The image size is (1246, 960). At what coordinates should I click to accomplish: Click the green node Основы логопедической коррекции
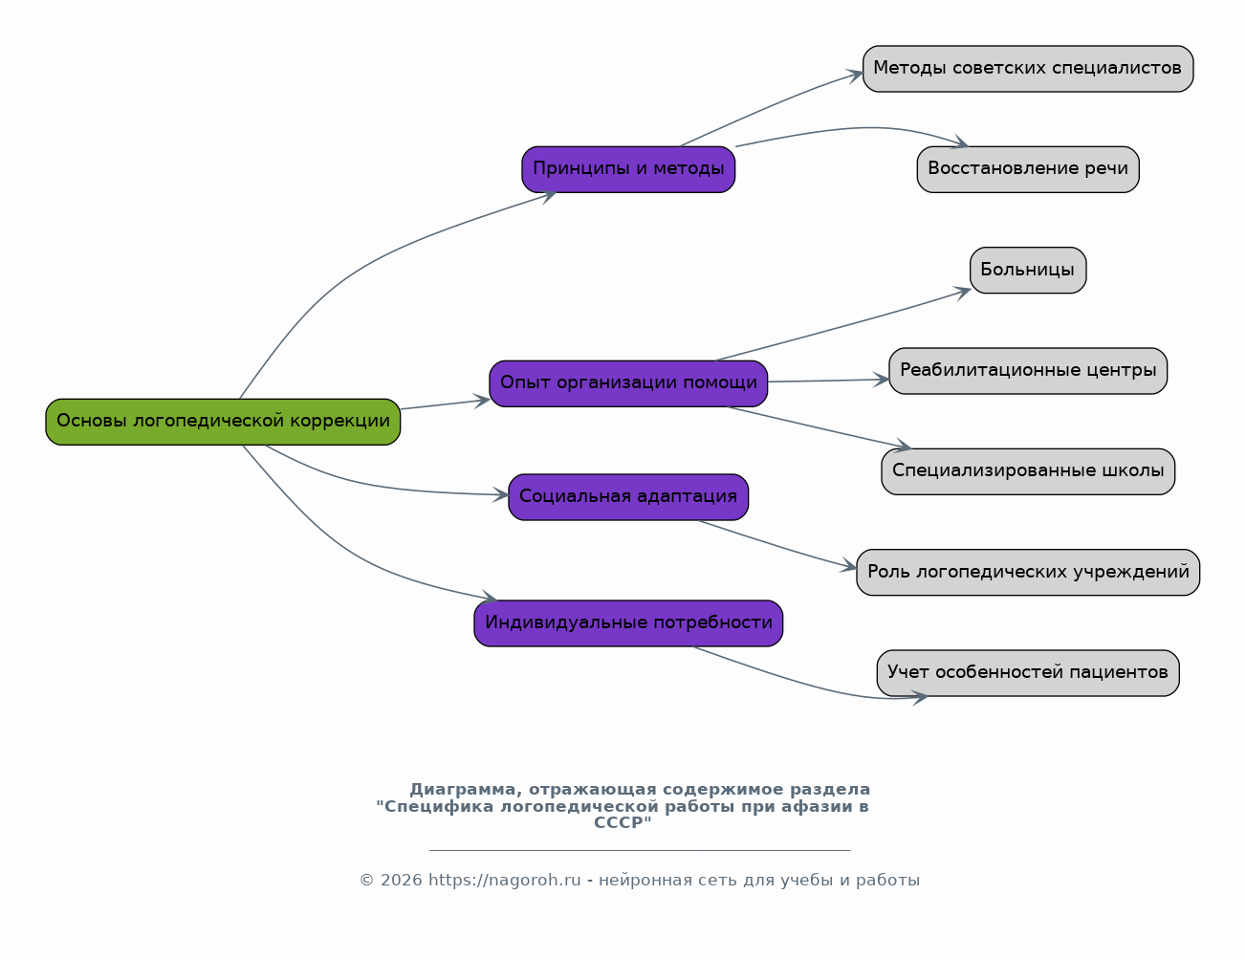[223, 422]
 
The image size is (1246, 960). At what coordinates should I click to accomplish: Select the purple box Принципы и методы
[628, 169]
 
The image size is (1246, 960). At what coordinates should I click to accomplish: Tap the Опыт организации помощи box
[628, 383]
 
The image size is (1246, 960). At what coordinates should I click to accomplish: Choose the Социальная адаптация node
[628, 497]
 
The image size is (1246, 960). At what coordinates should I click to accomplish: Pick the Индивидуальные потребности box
[628, 623]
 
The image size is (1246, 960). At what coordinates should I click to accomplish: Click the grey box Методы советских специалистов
[1028, 69]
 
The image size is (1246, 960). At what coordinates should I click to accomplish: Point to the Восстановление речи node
[1028, 169]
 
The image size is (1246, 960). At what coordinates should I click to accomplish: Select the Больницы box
[1028, 271]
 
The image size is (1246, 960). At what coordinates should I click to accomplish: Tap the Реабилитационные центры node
[1028, 371]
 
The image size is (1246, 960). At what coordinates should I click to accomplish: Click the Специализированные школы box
[1028, 471]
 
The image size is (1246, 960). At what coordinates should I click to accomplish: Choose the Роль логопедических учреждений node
[1028, 573]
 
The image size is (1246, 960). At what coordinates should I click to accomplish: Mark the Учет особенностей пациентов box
[1028, 673]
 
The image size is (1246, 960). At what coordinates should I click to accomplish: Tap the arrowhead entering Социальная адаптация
[501, 495]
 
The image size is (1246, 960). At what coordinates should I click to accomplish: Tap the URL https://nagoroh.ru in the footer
[505, 880]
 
